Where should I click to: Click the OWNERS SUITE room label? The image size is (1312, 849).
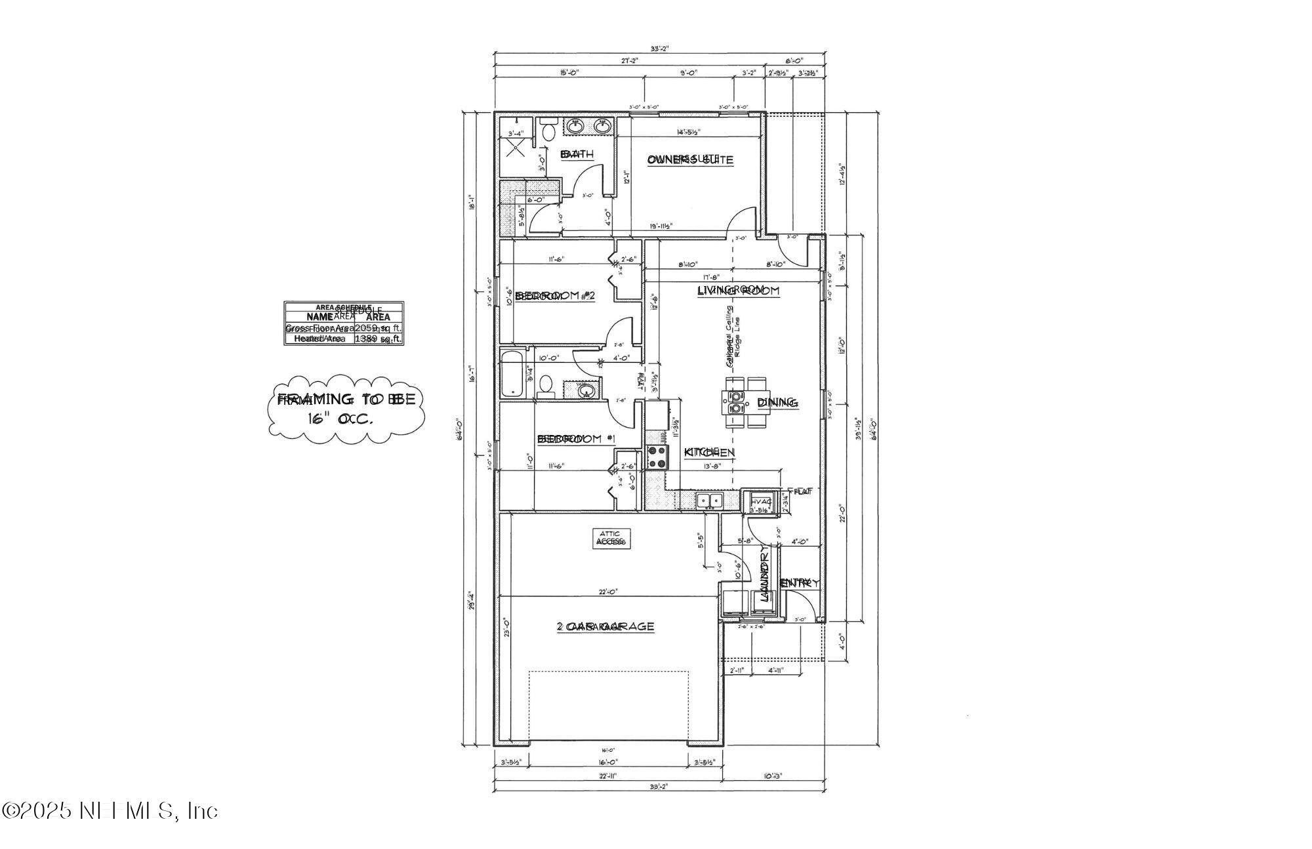coord(689,159)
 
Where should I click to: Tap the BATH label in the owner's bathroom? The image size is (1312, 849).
coord(577,154)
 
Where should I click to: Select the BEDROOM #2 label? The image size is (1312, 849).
coord(555,296)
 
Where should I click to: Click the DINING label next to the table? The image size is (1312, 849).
coord(777,402)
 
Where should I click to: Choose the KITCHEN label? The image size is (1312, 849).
coord(709,452)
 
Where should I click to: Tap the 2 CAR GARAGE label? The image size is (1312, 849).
coord(605,627)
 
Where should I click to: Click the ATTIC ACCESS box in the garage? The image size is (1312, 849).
coord(611,539)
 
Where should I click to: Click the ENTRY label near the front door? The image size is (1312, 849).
coord(799,583)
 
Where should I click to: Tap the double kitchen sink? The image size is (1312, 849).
coord(708,501)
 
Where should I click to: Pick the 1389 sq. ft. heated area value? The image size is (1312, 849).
coord(378,339)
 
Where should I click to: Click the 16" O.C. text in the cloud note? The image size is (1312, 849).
coord(341,419)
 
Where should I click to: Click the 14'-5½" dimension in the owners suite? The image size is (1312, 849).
coord(688,132)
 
